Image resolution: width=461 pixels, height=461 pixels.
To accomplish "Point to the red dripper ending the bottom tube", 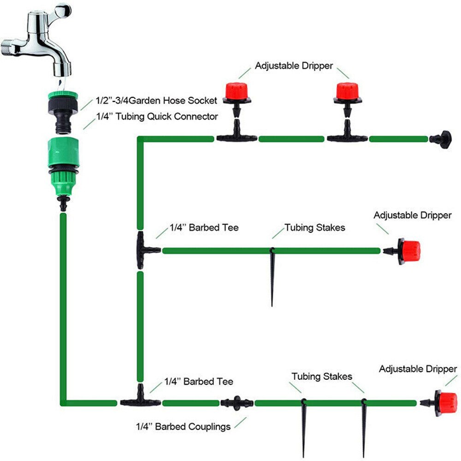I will pyautogui.click(x=445, y=403).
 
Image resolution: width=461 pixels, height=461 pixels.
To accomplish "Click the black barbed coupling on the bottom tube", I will pyautogui.click(x=236, y=402).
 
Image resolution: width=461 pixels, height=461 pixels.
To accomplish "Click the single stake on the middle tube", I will pyautogui.click(x=272, y=277).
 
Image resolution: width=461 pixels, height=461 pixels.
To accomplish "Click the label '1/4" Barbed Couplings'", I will pyautogui.click(x=183, y=426).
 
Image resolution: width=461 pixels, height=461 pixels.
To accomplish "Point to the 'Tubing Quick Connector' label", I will pyautogui.click(x=156, y=117).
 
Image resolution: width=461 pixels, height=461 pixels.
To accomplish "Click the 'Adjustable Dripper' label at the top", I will pyautogui.click(x=294, y=66).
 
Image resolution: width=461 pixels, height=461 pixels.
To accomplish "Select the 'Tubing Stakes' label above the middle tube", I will pyautogui.click(x=314, y=227).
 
